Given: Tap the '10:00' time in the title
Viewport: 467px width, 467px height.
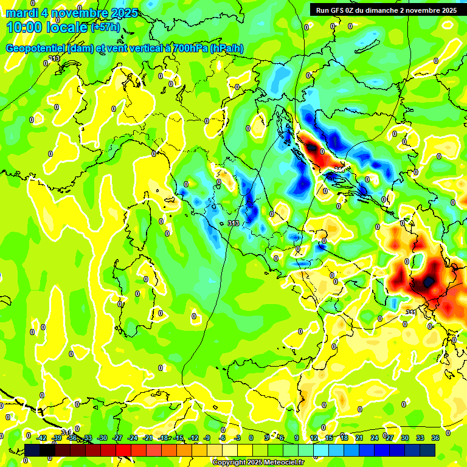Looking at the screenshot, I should click(23, 27).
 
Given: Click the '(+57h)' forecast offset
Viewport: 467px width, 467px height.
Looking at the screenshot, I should click(105, 27).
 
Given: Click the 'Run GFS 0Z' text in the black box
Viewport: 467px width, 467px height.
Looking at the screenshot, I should click(338, 10).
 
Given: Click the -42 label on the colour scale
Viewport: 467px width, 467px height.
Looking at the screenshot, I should click(41, 438).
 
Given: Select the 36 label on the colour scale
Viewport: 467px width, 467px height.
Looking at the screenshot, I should click(435, 438).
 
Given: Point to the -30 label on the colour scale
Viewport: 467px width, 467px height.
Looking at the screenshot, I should click(102, 438).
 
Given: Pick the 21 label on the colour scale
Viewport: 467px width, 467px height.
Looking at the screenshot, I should click(359, 438).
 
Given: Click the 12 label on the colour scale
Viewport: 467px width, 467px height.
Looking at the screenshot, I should click(314, 438).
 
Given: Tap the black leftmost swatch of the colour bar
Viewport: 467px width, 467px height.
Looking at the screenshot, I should click(32, 450).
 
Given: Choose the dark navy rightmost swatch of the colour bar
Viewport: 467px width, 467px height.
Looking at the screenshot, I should click(427, 450).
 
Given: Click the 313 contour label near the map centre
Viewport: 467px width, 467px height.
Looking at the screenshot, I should click(233, 224).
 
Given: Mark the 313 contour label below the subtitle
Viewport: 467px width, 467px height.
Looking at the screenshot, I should click(54, 58).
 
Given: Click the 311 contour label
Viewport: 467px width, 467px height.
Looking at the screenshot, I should click(411, 313).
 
